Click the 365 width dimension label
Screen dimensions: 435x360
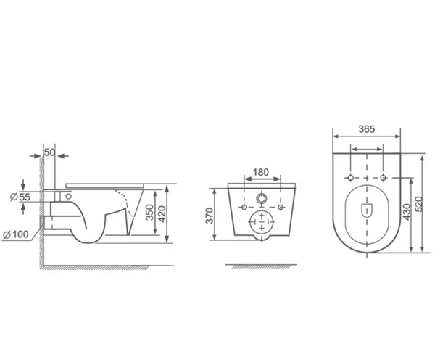pyautogui.click(x=366, y=129)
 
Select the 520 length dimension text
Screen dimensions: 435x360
pyautogui.click(x=419, y=205)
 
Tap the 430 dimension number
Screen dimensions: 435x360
pyautogui.click(x=407, y=212)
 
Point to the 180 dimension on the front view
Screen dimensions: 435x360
pyautogui.click(x=261, y=172)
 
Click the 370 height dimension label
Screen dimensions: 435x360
pyautogui.click(x=210, y=216)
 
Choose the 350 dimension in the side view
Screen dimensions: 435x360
pyautogui.click(x=149, y=213)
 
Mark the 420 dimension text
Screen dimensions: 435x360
pyautogui.click(x=162, y=214)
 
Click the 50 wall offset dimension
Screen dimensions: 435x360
pyautogui.click(x=49, y=152)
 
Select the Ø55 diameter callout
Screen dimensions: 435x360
pyautogui.click(x=20, y=197)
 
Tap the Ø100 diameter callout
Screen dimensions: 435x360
pyautogui.click(x=16, y=234)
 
